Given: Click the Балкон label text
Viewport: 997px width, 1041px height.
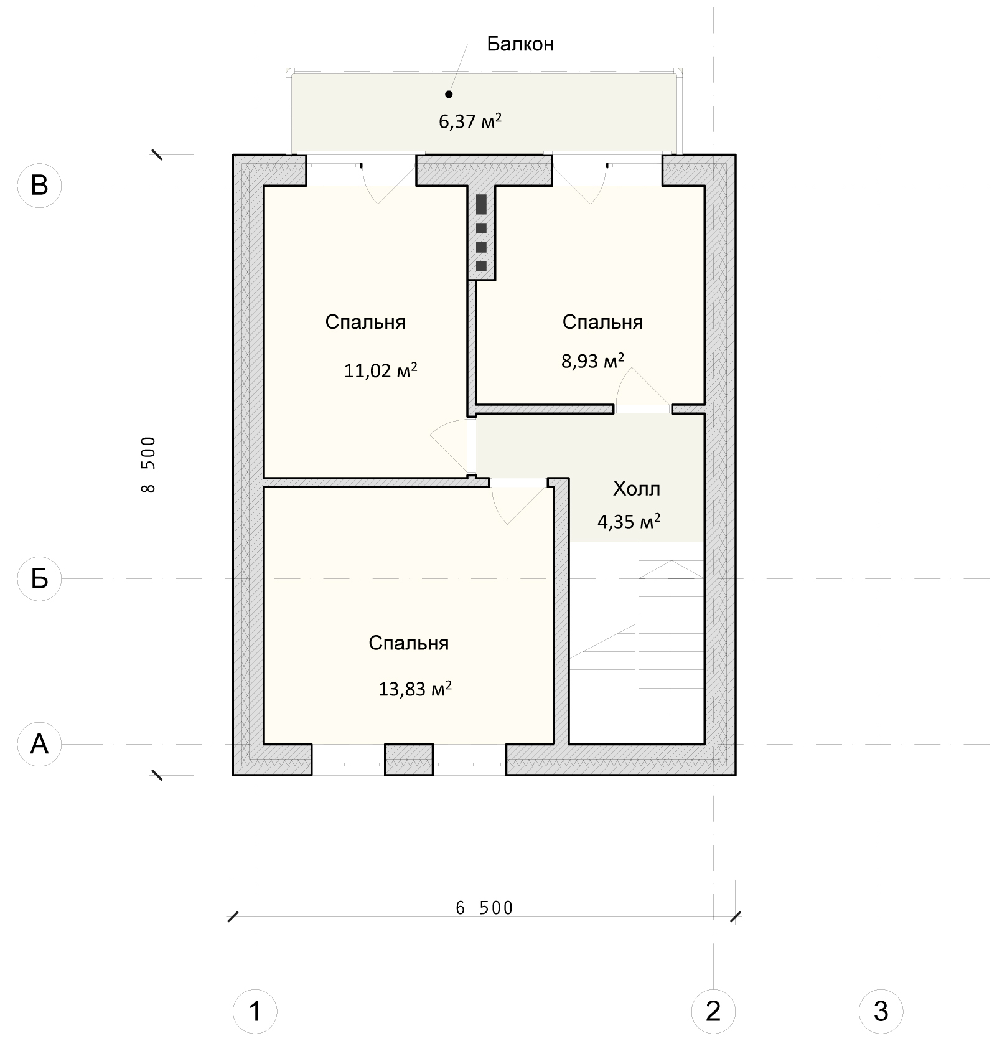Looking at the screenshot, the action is pos(520,44).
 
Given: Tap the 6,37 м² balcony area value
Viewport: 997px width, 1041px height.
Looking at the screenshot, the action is pos(470,121).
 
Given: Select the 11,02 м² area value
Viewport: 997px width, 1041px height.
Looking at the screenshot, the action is pos(380,371).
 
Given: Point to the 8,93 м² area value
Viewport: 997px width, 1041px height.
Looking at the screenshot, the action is pos(592,361).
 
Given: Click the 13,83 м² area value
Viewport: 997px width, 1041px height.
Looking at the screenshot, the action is pos(415,689).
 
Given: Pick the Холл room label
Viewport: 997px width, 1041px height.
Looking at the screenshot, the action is pos(636,489).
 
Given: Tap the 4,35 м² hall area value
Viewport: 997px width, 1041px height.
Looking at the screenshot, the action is pos(629,521).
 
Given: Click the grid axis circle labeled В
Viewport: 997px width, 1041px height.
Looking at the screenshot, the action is pos(39,186).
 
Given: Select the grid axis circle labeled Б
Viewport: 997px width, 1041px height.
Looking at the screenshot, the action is pos(39,579).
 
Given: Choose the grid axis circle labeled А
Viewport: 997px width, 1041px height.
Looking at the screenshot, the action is pos(39,744).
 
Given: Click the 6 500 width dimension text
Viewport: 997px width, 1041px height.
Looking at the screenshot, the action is pos(484,908).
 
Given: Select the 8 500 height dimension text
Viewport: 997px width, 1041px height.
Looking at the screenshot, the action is pos(148,464).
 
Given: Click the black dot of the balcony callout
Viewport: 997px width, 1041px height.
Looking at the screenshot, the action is pos(449,95).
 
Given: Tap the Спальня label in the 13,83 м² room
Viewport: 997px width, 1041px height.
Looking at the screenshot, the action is pos(408,643).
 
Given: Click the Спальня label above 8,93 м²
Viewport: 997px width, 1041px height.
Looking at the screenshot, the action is pos(602,322).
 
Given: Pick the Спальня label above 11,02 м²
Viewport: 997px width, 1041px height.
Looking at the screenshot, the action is pos(365,322).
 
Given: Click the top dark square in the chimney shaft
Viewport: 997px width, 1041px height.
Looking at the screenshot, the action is pos(481,204).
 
